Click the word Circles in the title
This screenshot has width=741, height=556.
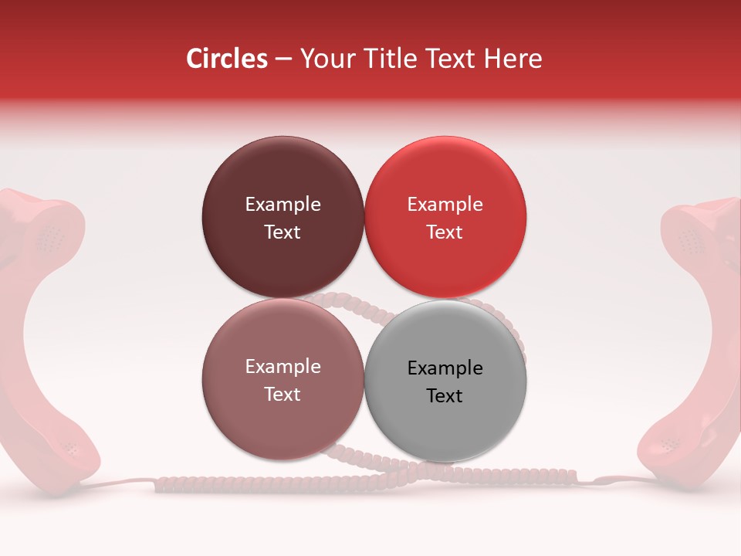tap(227, 59)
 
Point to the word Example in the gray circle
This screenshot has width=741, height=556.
tap(445, 368)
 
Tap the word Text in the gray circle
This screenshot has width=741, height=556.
tap(445, 395)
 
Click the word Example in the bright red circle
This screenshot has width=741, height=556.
tap(445, 204)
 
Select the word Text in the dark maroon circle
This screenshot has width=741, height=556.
tap(283, 232)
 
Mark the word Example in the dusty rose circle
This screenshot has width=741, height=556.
tap(283, 366)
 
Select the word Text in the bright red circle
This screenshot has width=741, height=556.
tap(445, 232)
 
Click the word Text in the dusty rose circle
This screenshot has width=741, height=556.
tap(283, 394)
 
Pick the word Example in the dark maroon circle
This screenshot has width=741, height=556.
tap(283, 204)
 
